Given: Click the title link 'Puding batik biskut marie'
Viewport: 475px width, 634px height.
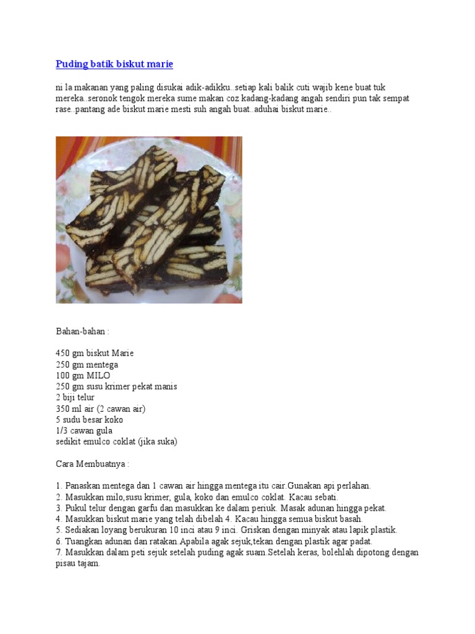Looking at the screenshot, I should tap(114, 64).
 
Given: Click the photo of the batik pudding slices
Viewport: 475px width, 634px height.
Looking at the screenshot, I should tap(149, 220).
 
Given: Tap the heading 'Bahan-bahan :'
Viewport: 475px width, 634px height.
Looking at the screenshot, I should tap(82, 332).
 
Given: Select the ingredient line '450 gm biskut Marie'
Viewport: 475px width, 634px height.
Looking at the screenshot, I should tap(95, 353).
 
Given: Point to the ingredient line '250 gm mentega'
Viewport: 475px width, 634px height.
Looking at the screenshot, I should tap(87, 364).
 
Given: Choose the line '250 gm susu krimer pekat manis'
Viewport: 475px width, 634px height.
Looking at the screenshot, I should tap(116, 386).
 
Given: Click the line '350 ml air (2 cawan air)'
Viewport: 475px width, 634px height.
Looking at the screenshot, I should tap(100, 409).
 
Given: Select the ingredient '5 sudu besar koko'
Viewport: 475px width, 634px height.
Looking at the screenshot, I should tap(89, 420).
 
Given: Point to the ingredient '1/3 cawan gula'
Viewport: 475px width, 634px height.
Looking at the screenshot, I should tap(84, 431).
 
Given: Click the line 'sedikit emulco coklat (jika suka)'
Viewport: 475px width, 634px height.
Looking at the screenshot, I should tap(116, 442).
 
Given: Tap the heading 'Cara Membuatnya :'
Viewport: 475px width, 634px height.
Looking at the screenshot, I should tap(92, 464).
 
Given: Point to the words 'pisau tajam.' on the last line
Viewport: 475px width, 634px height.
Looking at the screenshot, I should tap(78, 563).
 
